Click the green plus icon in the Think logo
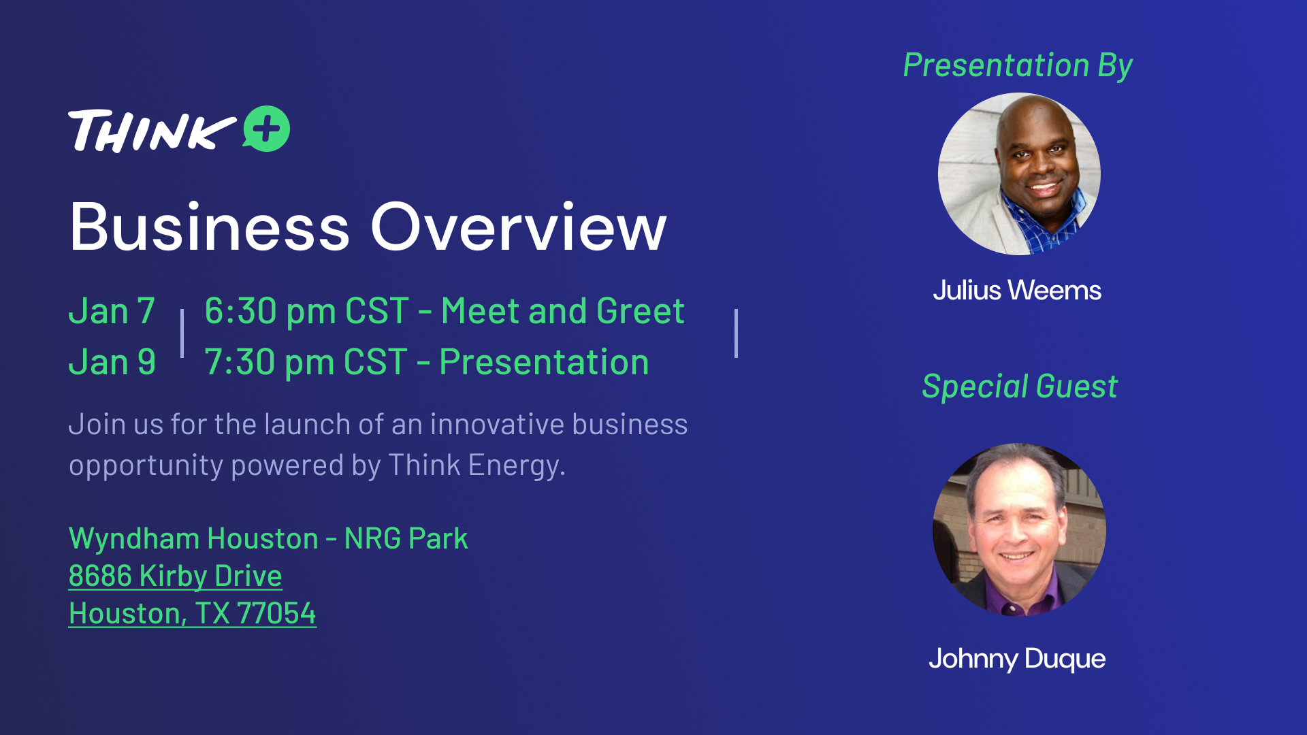(x=267, y=129)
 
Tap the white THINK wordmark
(x=152, y=131)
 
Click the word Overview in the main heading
(x=518, y=227)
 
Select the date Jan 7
(x=112, y=311)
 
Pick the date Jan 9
(x=112, y=361)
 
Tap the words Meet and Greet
(x=563, y=311)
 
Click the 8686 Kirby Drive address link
(x=176, y=576)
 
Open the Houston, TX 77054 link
(x=193, y=613)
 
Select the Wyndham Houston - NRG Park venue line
(x=268, y=538)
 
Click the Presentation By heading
(x=1018, y=66)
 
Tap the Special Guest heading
(x=1020, y=387)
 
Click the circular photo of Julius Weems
(x=1019, y=174)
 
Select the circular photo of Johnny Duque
(x=1019, y=530)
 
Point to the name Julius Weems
(x=1017, y=291)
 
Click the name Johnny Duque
(x=1017, y=659)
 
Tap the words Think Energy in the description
(x=477, y=465)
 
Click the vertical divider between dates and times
(x=182, y=333)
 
